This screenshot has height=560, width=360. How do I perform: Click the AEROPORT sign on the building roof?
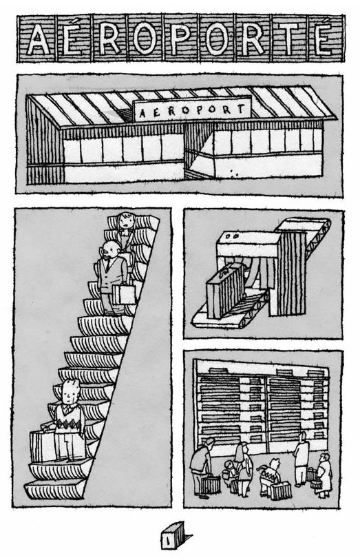point(191,109)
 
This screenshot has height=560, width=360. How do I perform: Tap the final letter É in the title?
point(324,39)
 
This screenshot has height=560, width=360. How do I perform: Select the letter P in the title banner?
point(182,39)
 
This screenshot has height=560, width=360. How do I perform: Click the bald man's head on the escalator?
point(111,250)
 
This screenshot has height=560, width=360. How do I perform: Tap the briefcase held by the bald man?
point(123,295)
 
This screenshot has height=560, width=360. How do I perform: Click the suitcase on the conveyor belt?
point(225,291)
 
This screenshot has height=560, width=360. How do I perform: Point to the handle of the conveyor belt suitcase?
point(226,271)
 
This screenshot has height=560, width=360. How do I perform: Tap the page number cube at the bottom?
point(174,535)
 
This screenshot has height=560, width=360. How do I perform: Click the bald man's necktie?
point(107,265)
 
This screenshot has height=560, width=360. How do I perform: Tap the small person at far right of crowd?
point(324,475)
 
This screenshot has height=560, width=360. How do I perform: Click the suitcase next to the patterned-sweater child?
point(280,490)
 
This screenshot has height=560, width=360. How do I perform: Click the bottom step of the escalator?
point(54,490)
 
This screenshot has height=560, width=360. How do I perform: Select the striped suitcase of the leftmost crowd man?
point(211,484)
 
